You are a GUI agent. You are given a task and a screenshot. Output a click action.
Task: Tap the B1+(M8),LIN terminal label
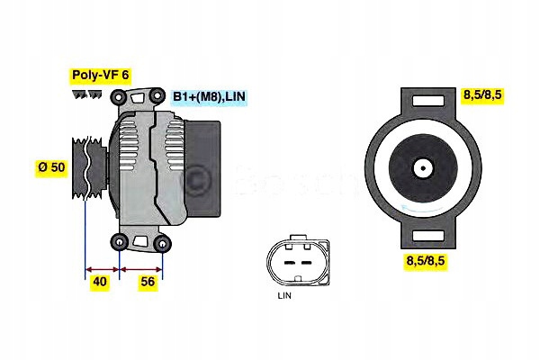(x=211, y=95)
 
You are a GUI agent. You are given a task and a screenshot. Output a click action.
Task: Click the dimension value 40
(x=101, y=282)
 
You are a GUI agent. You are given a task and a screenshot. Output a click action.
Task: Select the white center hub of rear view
(x=423, y=168)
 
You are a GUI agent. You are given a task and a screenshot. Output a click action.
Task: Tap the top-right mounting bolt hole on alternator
(x=162, y=96)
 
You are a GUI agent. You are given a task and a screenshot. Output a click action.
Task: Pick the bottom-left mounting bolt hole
(x=120, y=241)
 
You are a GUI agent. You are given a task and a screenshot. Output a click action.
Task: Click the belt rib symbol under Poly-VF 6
(x=88, y=95)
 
